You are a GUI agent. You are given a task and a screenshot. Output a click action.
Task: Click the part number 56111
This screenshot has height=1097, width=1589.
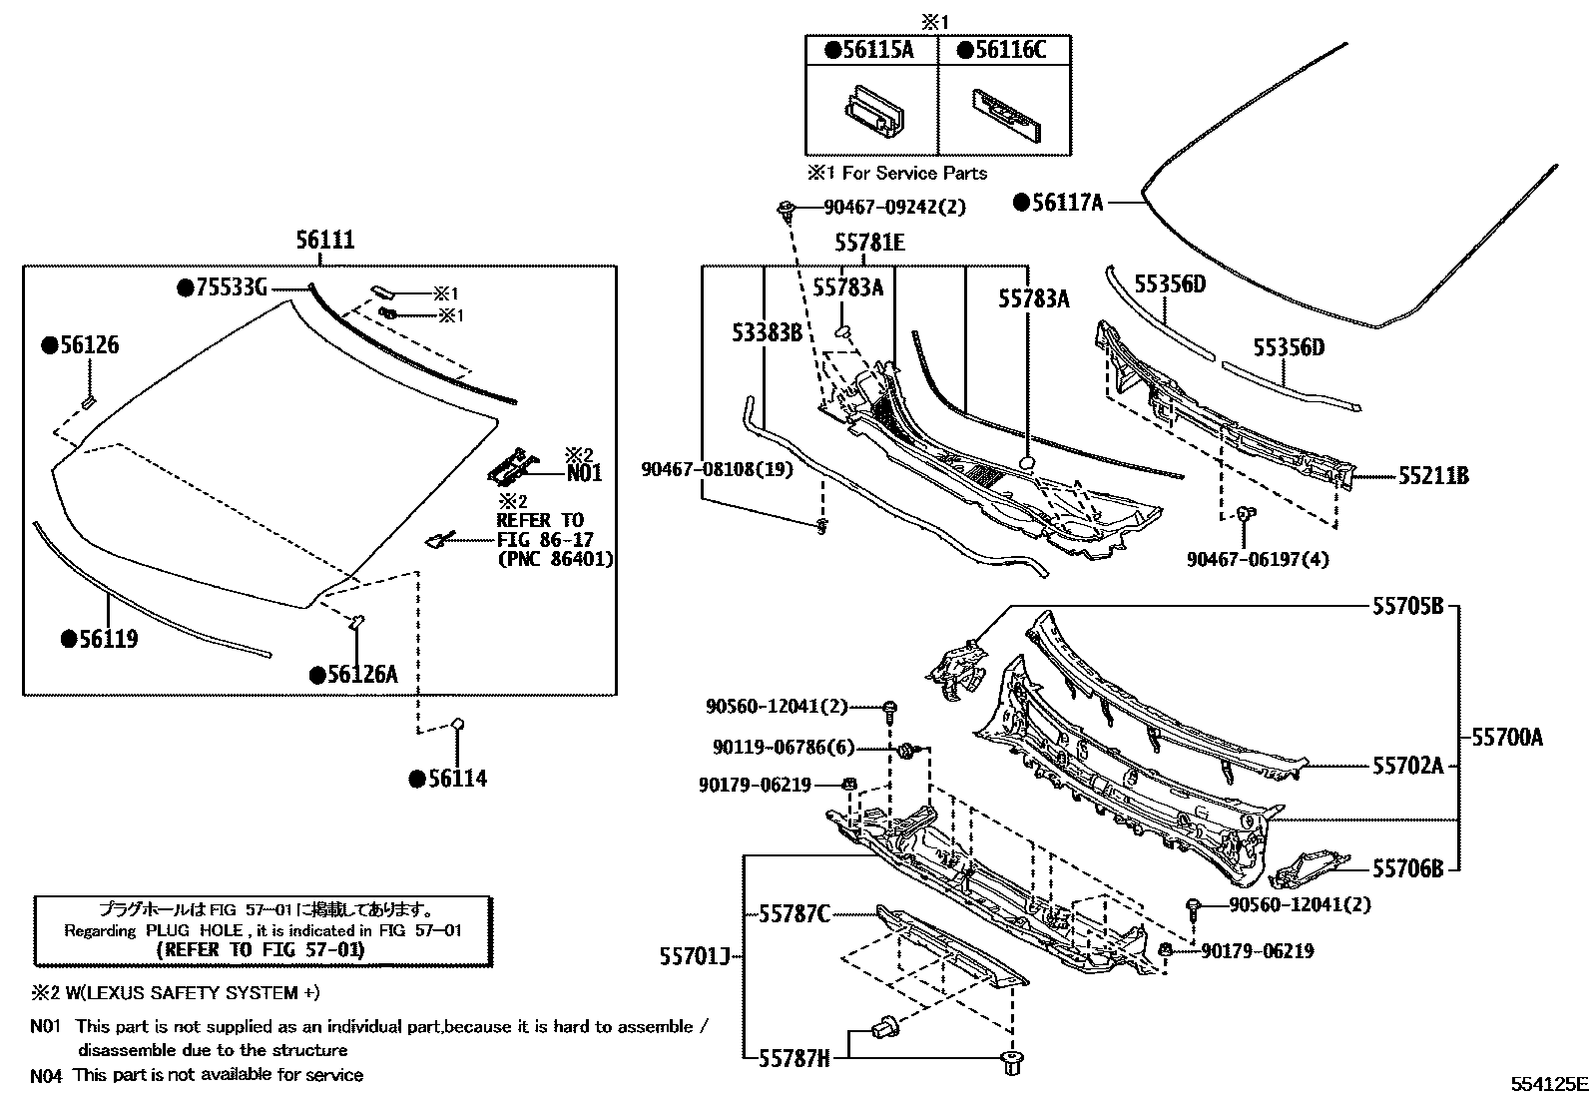coord(324,241)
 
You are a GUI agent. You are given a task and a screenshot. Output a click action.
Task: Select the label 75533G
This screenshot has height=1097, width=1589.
coord(231,288)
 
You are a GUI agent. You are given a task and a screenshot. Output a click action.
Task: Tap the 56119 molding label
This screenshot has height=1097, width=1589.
coord(107,639)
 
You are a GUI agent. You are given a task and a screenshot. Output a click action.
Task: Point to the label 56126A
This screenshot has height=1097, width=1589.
coord(362,675)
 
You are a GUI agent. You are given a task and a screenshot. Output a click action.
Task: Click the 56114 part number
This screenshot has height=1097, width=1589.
coord(457,779)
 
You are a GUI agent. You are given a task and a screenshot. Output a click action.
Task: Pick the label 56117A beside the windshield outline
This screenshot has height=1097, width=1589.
coord(1067,203)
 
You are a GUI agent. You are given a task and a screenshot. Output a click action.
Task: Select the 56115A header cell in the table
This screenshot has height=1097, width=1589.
coord(870,51)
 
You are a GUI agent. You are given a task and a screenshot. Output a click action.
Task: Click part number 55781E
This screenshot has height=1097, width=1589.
coord(869,243)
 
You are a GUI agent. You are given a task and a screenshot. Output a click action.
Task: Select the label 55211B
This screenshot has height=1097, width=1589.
coord(1432,476)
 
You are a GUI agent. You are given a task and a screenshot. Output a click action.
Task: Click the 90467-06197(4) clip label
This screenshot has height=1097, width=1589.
coord(1258,559)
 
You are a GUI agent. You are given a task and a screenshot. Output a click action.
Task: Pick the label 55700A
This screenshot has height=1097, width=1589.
coord(1507,738)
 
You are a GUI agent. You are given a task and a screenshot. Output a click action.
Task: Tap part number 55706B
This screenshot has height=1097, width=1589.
coord(1407,868)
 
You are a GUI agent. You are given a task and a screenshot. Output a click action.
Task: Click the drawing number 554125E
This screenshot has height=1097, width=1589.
coord(1546,1083)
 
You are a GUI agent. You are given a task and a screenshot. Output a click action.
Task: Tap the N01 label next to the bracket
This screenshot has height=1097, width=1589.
coord(584,473)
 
